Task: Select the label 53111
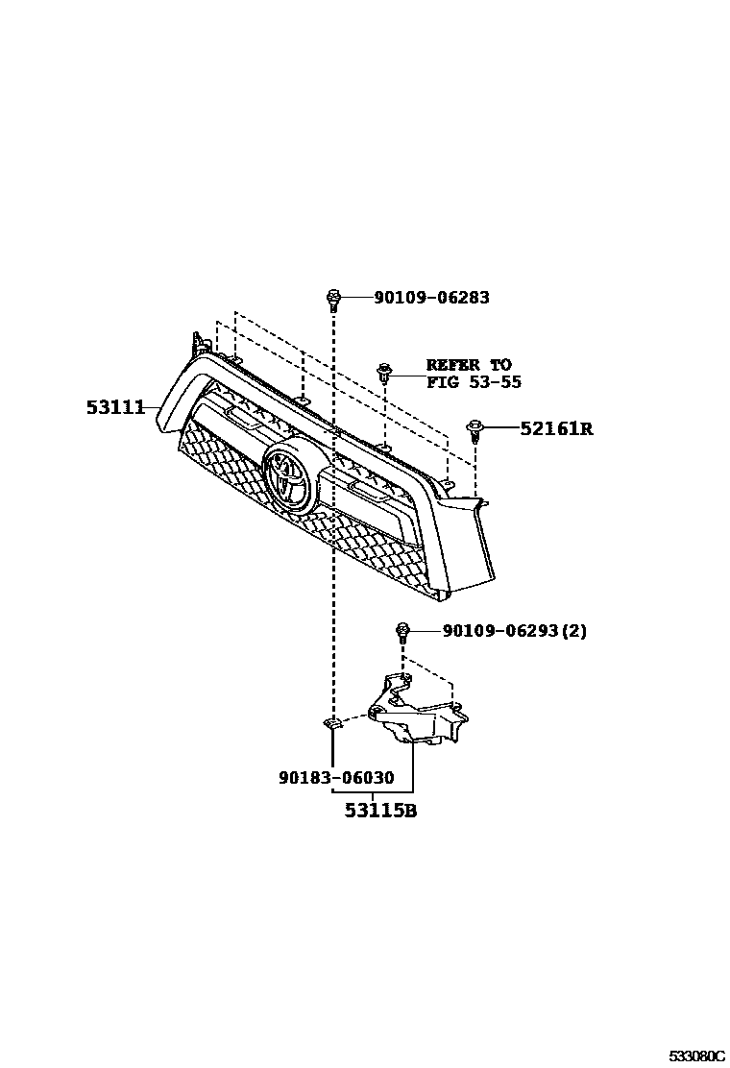[x=114, y=408]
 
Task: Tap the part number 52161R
[x=556, y=428]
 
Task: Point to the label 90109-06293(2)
[x=515, y=631]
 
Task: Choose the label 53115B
[x=380, y=812]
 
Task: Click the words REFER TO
[x=469, y=365]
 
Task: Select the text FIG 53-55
[x=474, y=382]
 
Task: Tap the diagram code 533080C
[x=696, y=1056]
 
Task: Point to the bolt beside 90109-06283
[x=332, y=300]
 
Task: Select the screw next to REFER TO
[x=384, y=371]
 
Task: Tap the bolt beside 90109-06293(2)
[x=402, y=632]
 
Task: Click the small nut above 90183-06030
[x=332, y=724]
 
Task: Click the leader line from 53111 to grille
[x=152, y=409]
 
